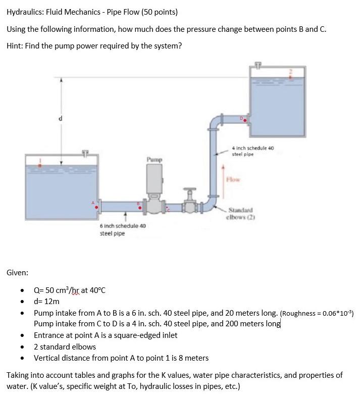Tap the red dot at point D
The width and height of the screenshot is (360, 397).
point(245,121)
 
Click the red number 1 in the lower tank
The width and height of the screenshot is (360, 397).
point(41,163)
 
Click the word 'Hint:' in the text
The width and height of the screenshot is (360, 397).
point(15,46)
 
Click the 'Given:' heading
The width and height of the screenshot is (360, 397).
point(17,272)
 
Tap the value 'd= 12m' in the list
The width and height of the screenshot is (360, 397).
point(46,301)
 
